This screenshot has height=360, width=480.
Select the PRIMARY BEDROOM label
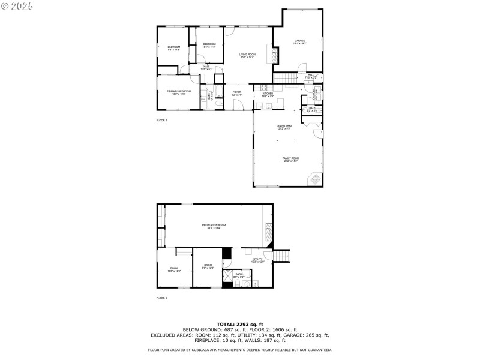coord(179,92)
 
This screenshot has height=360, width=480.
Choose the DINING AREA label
coord(284,127)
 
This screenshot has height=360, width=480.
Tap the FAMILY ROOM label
coord(291,159)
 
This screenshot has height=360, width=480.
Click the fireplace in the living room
coord(276,56)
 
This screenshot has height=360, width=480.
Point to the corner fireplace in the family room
coord(314,179)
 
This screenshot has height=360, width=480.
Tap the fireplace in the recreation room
coord(268,229)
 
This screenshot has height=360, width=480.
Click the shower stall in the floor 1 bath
coord(228,276)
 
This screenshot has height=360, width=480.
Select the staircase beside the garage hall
coord(286,79)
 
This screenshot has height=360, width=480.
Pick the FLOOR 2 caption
coord(162,121)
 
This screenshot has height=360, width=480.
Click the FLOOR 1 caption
coord(162,298)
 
